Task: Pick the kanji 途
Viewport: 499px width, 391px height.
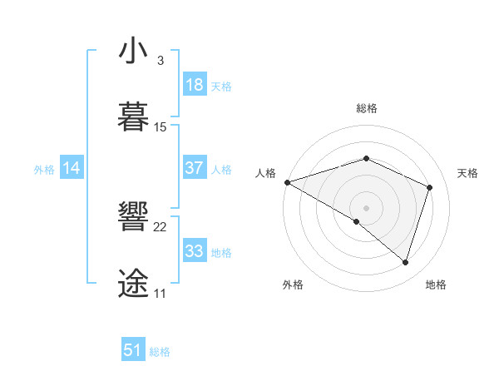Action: tap(134, 283)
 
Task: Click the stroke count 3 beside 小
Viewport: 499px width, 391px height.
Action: tap(160, 62)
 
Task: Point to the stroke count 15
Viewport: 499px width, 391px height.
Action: tap(161, 127)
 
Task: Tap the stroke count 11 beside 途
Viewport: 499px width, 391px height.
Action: tap(160, 294)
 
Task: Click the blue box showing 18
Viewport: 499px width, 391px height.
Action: tap(194, 85)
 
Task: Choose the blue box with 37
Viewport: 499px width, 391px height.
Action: tap(194, 168)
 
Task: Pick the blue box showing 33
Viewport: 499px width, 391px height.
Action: tap(194, 251)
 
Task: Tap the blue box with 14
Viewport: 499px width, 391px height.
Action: tap(72, 168)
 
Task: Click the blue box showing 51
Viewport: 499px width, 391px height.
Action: tap(133, 350)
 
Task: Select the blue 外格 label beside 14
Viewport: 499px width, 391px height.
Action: tap(44, 169)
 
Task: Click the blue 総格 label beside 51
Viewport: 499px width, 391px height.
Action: tap(160, 351)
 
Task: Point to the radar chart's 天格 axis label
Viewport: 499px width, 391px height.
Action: tap(468, 173)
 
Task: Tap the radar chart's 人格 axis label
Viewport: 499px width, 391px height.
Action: tap(265, 173)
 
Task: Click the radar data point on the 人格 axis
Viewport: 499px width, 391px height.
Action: tap(287, 182)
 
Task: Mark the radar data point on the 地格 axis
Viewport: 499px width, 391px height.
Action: tap(405, 262)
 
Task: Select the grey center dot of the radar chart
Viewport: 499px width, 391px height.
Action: tap(366, 207)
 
